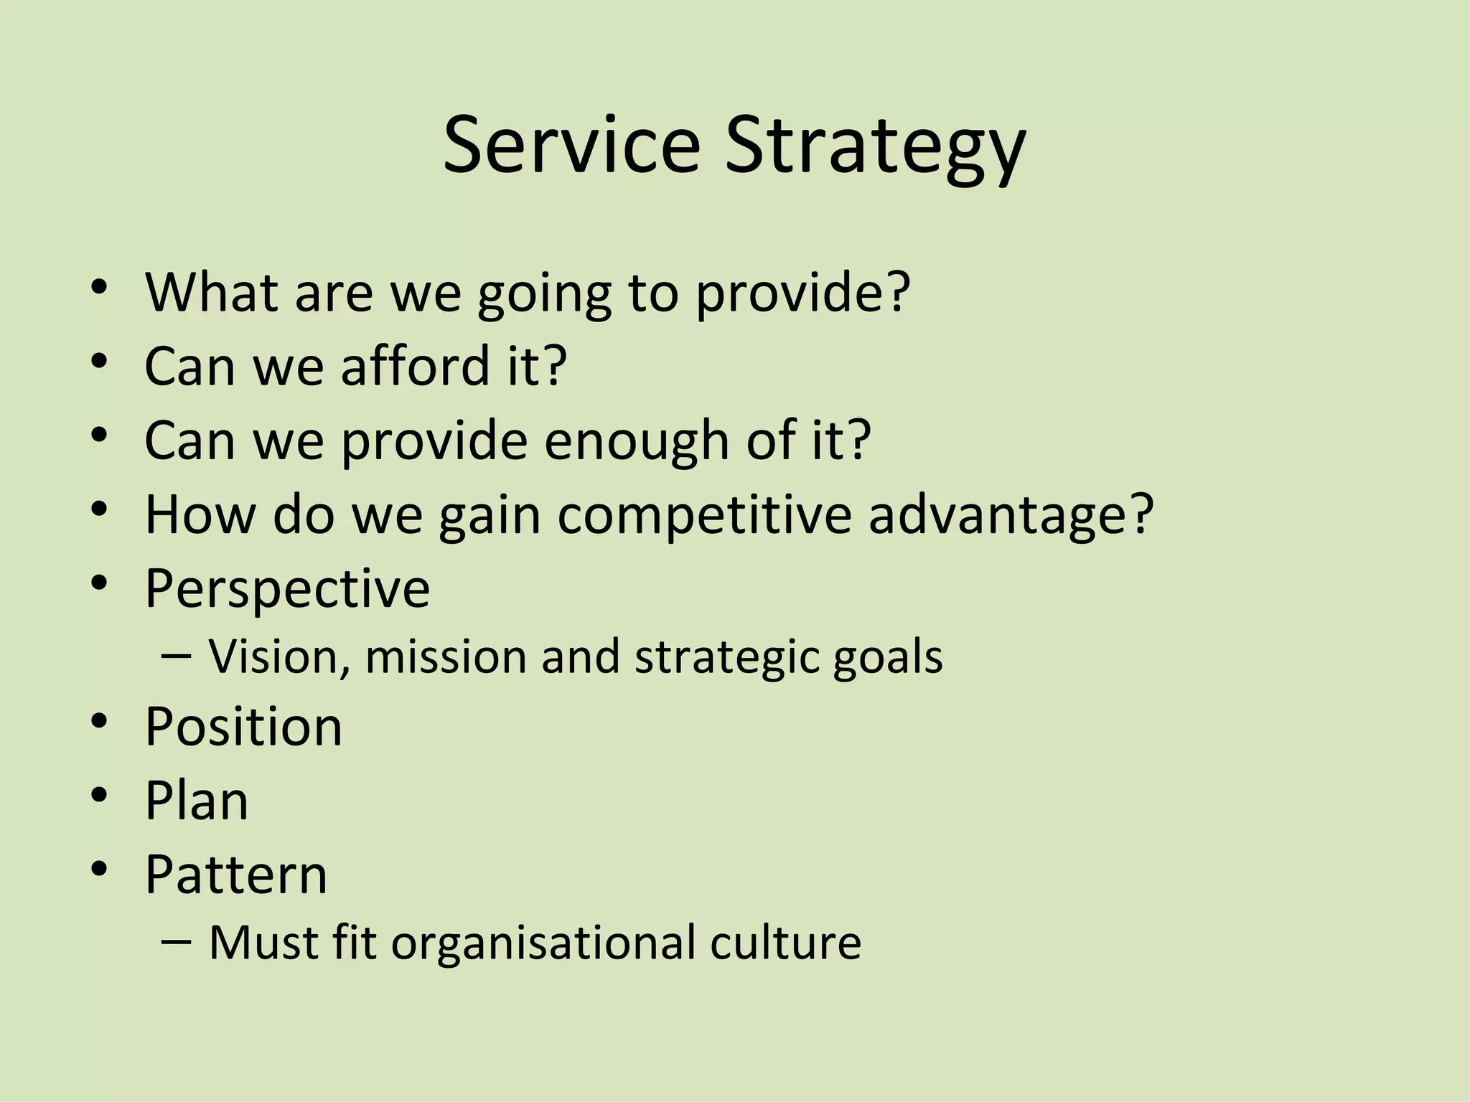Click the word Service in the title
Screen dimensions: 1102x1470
click(x=571, y=145)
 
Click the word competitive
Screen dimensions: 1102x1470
click(x=703, y=515)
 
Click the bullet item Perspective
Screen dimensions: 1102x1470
click(x=287, y=588)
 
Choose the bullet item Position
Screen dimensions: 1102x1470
click(x=244, y=727)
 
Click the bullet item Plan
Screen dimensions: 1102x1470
click(x=197, y=801)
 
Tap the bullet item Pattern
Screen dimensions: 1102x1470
click(x=236, y=875)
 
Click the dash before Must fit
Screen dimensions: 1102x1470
click(x=177, y=941)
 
